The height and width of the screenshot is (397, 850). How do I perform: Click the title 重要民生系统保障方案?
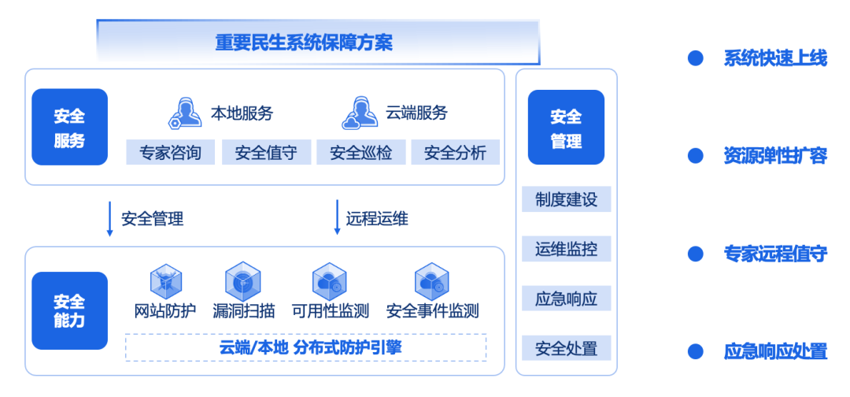coord(304,43)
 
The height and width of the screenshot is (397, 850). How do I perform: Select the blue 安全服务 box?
coord(69,127)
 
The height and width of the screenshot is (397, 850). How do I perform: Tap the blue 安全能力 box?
coord(69,310)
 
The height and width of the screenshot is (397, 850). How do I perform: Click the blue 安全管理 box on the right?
coord(566,127)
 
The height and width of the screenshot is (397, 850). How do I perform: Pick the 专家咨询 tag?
coord(170,153)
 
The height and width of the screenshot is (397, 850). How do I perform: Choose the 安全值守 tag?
coord(266,153)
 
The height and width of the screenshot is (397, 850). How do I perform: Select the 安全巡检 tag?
coord(360,153)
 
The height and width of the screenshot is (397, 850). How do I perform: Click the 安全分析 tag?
coord(455,153)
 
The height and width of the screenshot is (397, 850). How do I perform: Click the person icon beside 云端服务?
coord(359,113)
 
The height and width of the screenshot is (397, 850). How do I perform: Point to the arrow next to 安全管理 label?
coord(110,218)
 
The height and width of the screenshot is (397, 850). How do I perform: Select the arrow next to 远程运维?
coord(336,218)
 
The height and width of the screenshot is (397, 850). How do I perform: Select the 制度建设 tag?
coord(566,199)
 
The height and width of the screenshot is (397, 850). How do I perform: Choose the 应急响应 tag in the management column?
coord(566,299)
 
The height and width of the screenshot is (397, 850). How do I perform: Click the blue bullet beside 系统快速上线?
coord(696,58)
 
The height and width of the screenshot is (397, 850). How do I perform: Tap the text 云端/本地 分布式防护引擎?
coord(305,347)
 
